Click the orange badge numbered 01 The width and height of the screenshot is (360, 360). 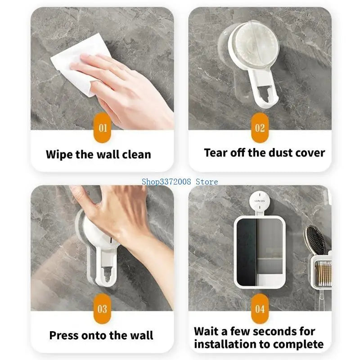(x=103, y=128)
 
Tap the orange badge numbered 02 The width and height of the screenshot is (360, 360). (x=260, y=128)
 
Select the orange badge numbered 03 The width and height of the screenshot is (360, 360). (x=103, y=309)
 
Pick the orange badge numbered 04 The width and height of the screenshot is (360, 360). (x=260, y=309)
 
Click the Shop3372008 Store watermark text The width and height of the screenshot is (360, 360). (x=180, y=182)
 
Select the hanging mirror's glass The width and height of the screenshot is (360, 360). (x=260, y=252)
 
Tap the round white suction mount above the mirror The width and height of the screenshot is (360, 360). (x=260, y=201)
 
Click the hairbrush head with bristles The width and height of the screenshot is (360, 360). (x=316, y=239)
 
